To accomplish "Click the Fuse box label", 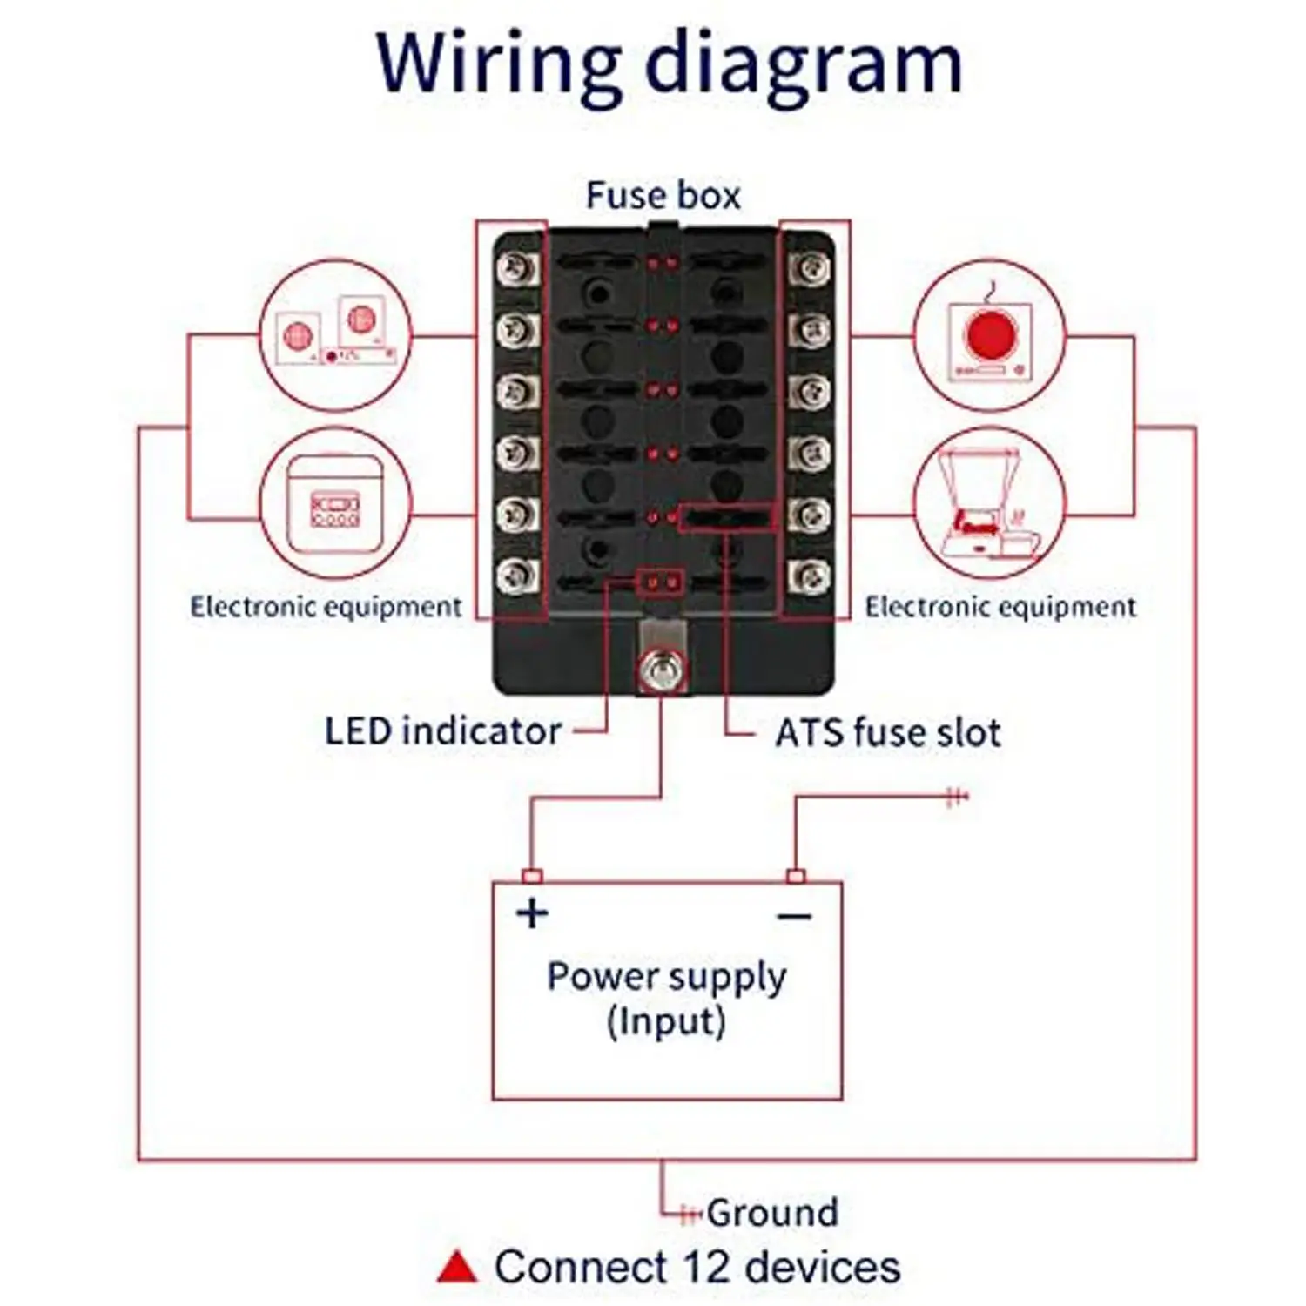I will [663, 195].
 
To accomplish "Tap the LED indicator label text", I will [442, 731].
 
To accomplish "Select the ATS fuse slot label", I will [888, 733].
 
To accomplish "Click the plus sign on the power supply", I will [532, 913].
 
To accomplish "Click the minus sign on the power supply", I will [794, 916].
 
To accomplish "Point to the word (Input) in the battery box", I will [666, 1021].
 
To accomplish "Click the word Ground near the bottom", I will [772, 1212].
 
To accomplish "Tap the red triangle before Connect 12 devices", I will [457, 1268].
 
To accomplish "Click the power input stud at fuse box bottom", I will [660, 669].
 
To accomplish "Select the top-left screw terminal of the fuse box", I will [517, 267].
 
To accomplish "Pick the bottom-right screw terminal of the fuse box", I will [811, 576].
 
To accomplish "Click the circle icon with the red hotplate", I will [989, 335].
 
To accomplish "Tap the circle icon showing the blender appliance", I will [989, 503].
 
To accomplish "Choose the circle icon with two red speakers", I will [336, 335].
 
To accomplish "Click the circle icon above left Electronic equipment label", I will [336, 503].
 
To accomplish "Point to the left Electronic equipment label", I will [326, 607].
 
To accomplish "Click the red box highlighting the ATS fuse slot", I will [727, 518].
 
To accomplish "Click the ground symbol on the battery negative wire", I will [957, 796].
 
